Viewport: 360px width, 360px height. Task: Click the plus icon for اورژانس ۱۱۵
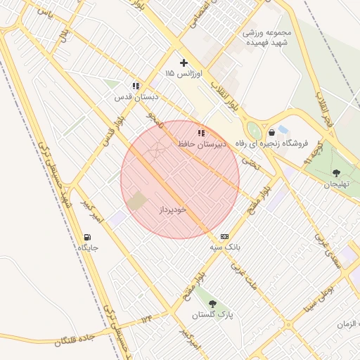184,63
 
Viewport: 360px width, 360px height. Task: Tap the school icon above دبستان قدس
135,86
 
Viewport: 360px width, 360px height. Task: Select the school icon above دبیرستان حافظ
201,132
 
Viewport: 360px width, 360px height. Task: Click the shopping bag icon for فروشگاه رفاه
271,132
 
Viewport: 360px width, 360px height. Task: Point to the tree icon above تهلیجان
336,172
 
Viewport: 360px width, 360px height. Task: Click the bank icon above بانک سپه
224,236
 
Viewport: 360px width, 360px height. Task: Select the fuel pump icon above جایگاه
87,237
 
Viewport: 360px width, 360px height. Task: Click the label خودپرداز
172,210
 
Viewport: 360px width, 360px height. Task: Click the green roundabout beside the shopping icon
254,131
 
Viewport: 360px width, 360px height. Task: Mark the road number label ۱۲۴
146,321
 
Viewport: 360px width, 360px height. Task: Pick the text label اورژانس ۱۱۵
184,74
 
